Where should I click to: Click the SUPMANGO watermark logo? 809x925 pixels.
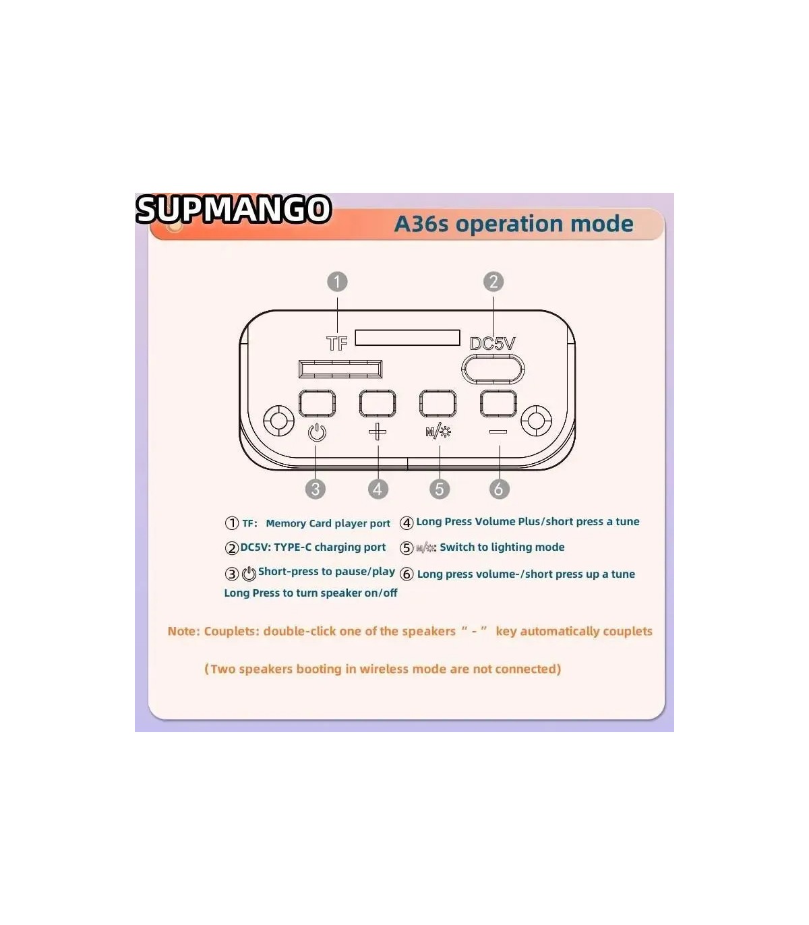[x=233, y=209]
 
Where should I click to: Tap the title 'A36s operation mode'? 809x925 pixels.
[x=514, y=225]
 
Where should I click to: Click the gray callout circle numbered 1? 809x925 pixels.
[x=337, y=282]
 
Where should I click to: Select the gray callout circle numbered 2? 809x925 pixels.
[x=493, y=282]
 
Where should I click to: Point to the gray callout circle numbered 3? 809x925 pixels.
[x=316, y=489]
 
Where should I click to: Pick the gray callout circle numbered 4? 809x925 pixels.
[x=378, y=489]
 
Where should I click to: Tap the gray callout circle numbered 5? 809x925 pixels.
[x=440, y=489]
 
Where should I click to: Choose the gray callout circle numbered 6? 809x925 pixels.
[x=499, y=489]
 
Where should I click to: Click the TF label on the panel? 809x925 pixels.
[x=337, y=344]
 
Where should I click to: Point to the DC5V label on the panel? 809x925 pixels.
[x=492, y=344]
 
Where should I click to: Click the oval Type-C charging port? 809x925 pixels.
[x=493, y=369]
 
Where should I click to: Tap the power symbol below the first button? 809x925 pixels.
[x=317, y=432]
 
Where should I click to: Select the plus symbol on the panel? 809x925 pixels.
[x=378, y=431]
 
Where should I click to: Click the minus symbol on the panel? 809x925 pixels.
[x=498, y=431]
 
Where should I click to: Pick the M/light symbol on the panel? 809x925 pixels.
[x=438, y=432]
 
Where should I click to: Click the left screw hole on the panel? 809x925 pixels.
[x=279, y=421]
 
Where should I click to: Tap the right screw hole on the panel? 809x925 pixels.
[x=536, y=421]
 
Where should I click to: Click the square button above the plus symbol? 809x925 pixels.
[x=378, y=403]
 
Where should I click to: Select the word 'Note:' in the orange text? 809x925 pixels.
[x=184, y=631]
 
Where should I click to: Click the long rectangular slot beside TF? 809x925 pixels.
[x=407, y=338]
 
